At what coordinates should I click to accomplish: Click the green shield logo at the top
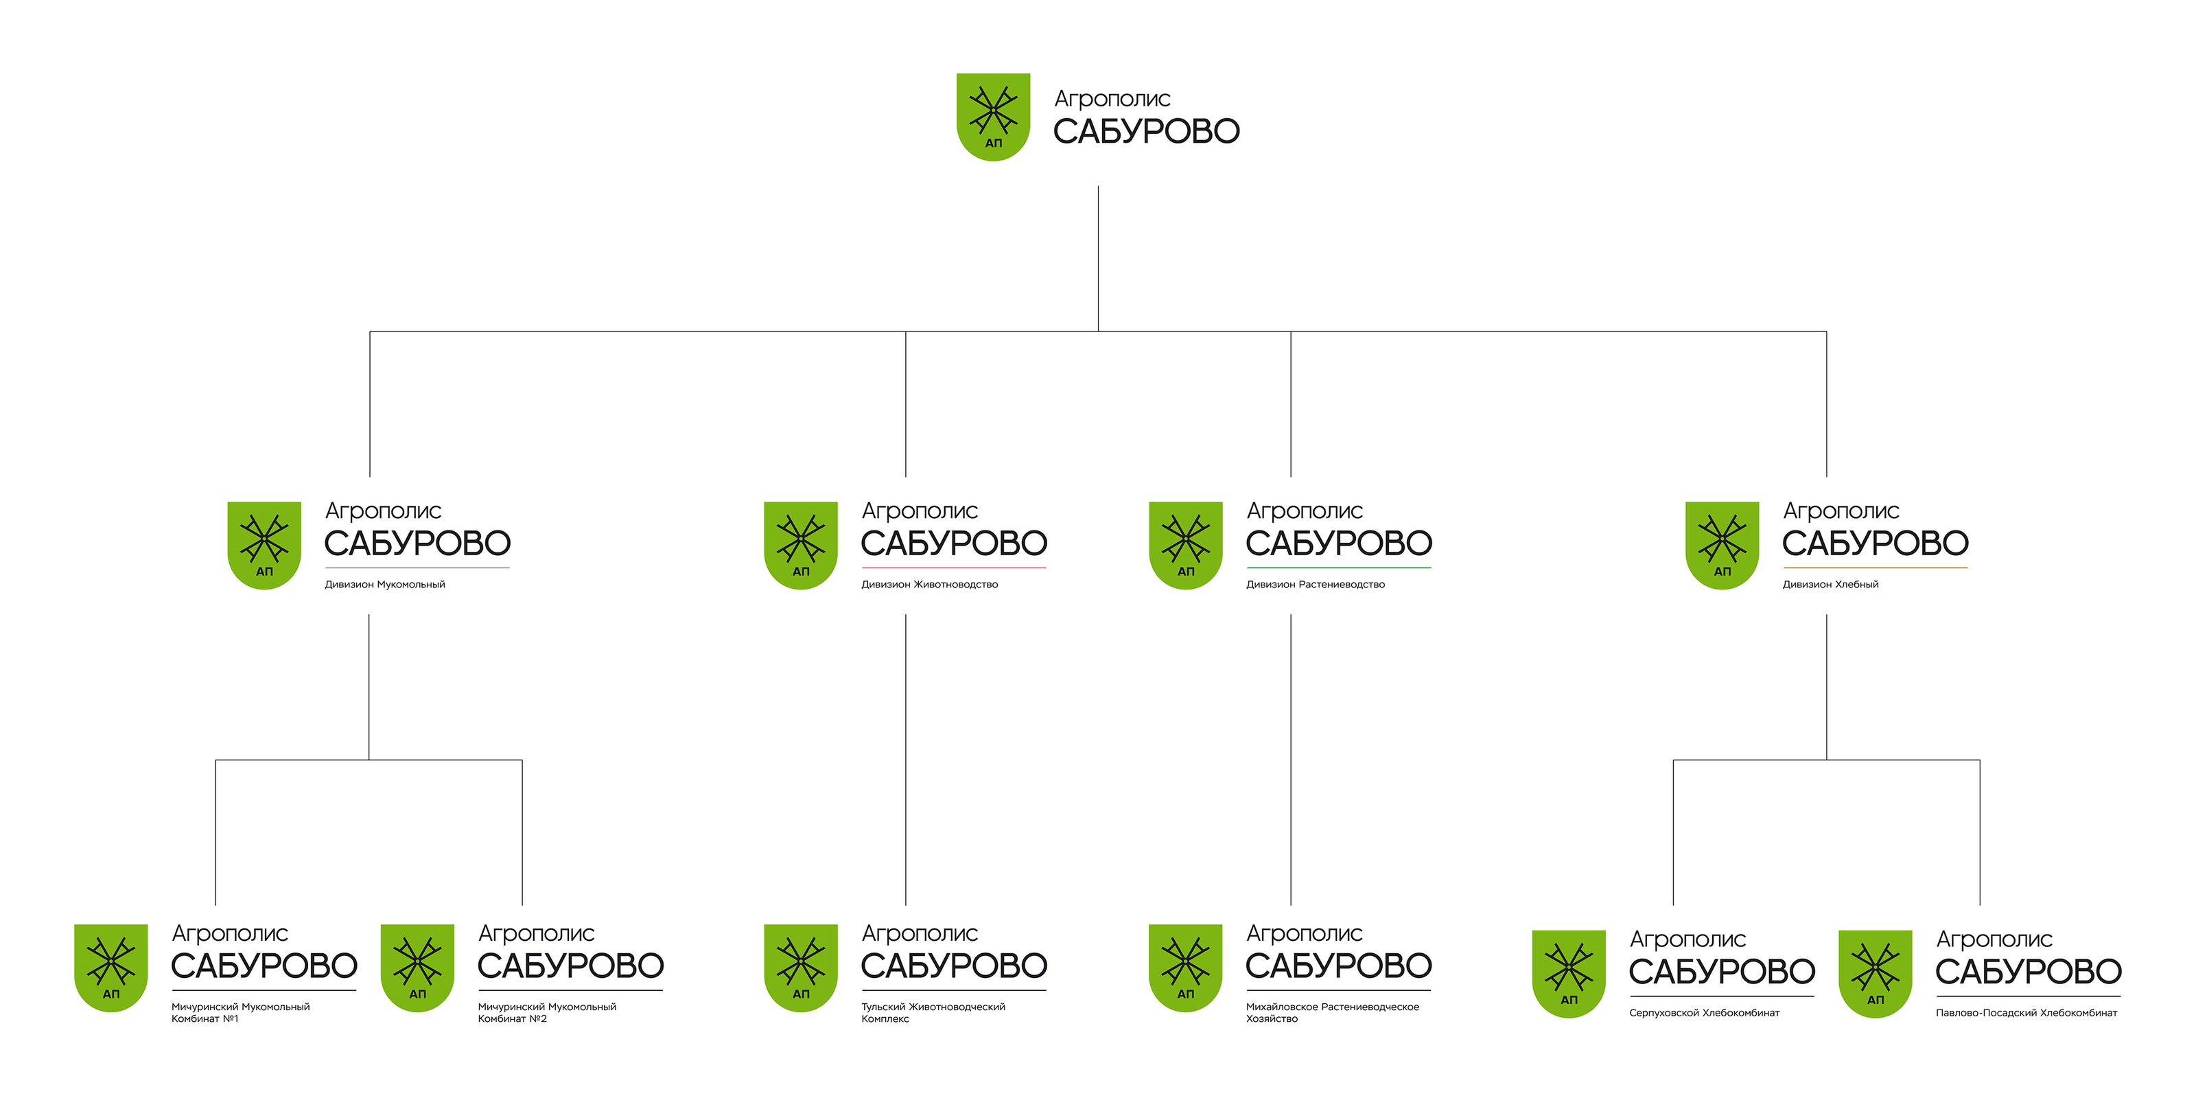[x=993, y=116]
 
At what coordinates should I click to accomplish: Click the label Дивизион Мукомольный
[x=384, y=585]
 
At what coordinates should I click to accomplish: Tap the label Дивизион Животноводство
[x=929, y=585]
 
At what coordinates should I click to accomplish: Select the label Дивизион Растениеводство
[x=1316, y=585]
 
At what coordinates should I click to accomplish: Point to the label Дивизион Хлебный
[x=1830, y=585]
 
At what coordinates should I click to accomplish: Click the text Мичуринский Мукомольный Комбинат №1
[x=240, y=1013]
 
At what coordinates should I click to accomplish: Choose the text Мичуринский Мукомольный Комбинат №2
[x=546, y=1013]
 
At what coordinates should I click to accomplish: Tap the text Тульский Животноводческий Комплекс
[x=933, y=1013]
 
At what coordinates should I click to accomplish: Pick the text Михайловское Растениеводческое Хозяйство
[x=1333, y=1013]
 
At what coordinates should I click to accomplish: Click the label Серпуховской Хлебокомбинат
[x=1704, y=1013]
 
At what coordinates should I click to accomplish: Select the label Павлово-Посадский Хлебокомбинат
[x=2026, y=1013]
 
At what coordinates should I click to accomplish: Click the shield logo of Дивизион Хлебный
[x=1722, y=545]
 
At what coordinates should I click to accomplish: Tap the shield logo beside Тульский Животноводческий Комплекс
[x=800, y=968]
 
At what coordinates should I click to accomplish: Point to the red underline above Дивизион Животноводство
[x=954, y=568]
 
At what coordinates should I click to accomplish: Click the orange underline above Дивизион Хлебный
[x=1875, y=568]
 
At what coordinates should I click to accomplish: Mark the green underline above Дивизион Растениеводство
[x=1338, y=568]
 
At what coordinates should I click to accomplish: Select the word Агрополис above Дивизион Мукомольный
[x=383, y=511]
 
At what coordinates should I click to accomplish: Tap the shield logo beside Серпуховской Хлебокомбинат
[x=1569, y=974]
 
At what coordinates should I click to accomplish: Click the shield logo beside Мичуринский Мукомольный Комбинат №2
[x=417, y=968]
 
